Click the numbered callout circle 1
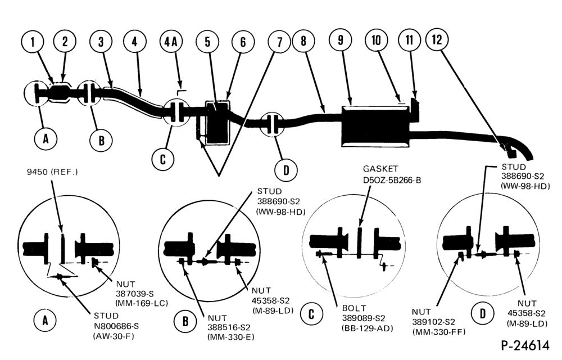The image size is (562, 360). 33,42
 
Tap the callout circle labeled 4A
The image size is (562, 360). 171,42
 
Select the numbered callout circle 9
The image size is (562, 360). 341,40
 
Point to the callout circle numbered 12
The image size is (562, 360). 437,39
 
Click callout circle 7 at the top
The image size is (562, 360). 279,42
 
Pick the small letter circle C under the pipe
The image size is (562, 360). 163,159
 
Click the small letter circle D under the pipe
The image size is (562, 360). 286,170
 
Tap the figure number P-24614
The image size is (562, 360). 525,345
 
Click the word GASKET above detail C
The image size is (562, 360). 380,169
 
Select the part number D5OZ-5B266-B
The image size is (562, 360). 392,180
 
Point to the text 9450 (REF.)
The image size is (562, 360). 52,172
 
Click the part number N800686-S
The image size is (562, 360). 116,326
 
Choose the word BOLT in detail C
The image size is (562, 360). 354,308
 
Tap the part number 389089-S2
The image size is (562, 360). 364,318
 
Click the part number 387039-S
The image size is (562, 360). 135,294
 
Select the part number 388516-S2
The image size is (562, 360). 229,327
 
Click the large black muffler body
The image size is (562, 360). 375,126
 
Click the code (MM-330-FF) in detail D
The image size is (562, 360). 439,332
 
